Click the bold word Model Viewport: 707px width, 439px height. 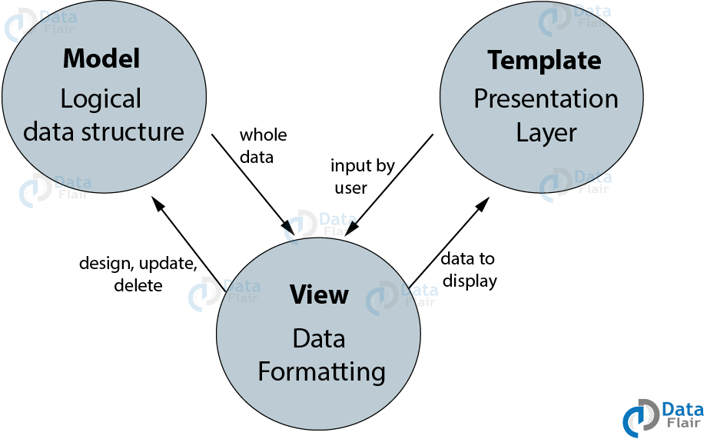click(101, 58)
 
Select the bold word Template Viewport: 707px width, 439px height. click(544, 61)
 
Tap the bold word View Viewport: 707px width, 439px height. click(319, 294)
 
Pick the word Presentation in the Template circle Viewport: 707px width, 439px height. click(546, 99)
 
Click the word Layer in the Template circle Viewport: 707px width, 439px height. click(546, 133)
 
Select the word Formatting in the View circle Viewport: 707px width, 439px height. click(321, 372)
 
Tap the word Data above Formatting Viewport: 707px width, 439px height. click(319, 338)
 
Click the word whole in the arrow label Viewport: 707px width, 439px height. click(264, 135)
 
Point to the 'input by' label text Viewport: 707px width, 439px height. click(363, 166)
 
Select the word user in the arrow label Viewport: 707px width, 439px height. click(350, 188)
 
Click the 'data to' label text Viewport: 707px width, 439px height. click(467, 258)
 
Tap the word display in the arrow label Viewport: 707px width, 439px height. click(470, 281)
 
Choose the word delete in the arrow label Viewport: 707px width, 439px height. click(138, 285)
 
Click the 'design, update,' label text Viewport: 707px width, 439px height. click(138, 264)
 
